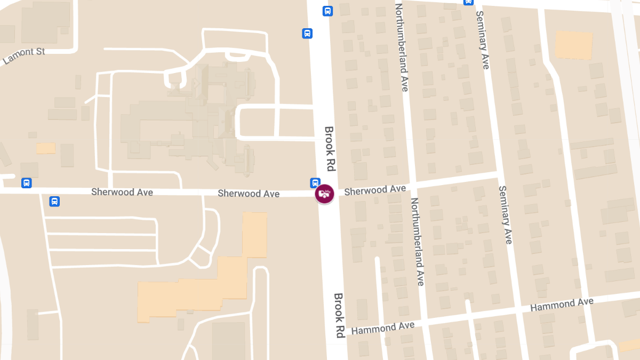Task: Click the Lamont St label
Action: pyautogui.click(x=23, y=54)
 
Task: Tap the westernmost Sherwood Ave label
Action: pyautogui.click(x=122, y=192)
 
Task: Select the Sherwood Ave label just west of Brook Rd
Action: pyautogui.click(x=249, y=194)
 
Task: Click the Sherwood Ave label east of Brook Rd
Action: pyautogui.click(x=375, y=190)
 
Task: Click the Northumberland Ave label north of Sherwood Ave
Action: pyautogui.click(x=401, y=47)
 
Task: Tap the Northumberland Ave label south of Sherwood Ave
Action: pyautogui.click(x=417, y=242)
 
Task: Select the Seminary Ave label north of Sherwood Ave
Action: pyautogui.click(x=483, y=40)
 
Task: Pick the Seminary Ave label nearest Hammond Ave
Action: pyautogui.click(x=505, y=214)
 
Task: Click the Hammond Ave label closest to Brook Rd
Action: pyautogui.click(x=382, y=327)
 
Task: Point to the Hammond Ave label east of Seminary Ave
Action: pyautogui.click(x=562, y=305)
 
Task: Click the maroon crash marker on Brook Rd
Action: pyautogui.click(x=324, y=194)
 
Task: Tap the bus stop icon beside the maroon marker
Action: pyautogui.click(x=315, y=183)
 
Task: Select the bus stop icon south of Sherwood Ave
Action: pyautogui.click(x=54, y=202)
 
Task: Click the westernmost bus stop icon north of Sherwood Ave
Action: pyautogui.click(x=26, y=183)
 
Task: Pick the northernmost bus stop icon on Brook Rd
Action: pyautogui.click(x=327, y=11)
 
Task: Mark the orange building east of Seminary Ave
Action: pyautogui.click(x=574, y=45)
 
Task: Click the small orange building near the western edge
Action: pyautogui.click(x=46, y=148)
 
